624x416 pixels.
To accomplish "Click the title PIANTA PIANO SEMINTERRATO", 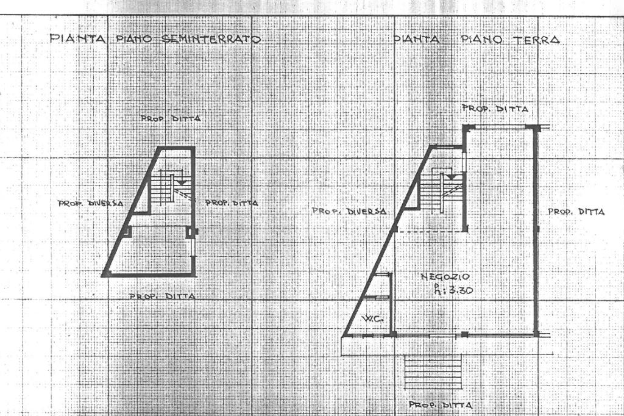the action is (x=155, y=40).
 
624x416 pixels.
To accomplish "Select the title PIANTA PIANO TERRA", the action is (x=477, y=40).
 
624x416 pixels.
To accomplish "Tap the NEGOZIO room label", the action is (x=444, y=277).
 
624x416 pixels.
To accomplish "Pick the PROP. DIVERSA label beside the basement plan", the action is (x=91, y=203).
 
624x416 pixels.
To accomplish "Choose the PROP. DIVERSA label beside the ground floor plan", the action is (x=349, y=212).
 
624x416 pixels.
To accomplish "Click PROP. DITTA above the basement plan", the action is (x=170, y=120).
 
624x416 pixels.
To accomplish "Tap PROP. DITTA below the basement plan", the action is (x=163, y=296).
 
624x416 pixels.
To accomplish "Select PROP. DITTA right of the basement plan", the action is (x=231, y=203).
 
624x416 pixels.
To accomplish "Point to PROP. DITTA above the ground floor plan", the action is (x=495, y=109).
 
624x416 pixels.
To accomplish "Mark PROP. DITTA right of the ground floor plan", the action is (x=576, y=212).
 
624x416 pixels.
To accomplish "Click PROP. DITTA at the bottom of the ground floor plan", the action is (x=440, y=405).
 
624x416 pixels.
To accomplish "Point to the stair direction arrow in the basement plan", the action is (x=181, y=181).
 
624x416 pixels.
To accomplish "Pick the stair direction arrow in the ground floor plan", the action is (x=452, y=176).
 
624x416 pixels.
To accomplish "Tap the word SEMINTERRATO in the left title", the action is (x=211, y=40).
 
